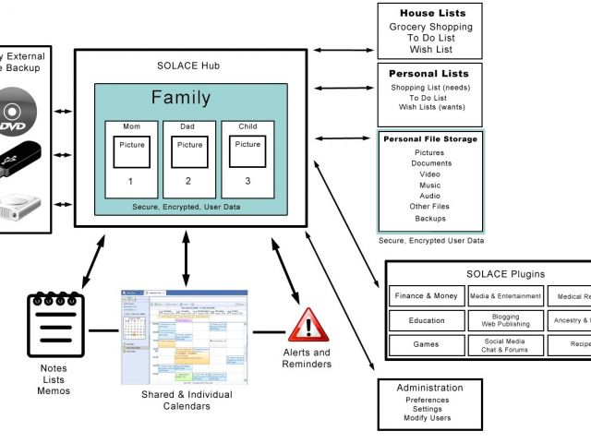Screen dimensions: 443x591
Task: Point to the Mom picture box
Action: point(131,150)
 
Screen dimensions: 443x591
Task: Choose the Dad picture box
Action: point(189,150)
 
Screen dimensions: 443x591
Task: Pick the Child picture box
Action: point(247,150)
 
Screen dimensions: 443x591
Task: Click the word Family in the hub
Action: point(181,98)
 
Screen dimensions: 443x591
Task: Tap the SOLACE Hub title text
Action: point(189,66)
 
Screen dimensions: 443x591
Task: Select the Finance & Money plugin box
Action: point(426,296)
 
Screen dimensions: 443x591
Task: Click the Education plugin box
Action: point(426,321)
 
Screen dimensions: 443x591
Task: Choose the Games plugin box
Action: point(426,345)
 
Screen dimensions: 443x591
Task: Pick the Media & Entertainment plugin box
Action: point(505,296)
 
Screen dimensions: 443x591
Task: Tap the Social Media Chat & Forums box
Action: point(505,345)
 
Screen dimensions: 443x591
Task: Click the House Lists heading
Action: point(431,14)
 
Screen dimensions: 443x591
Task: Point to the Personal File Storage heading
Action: point(430,139)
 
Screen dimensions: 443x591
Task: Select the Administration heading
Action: point(429,388)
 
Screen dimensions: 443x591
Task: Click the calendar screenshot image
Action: point(183,336)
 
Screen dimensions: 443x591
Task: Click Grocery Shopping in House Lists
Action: point(430,28)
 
